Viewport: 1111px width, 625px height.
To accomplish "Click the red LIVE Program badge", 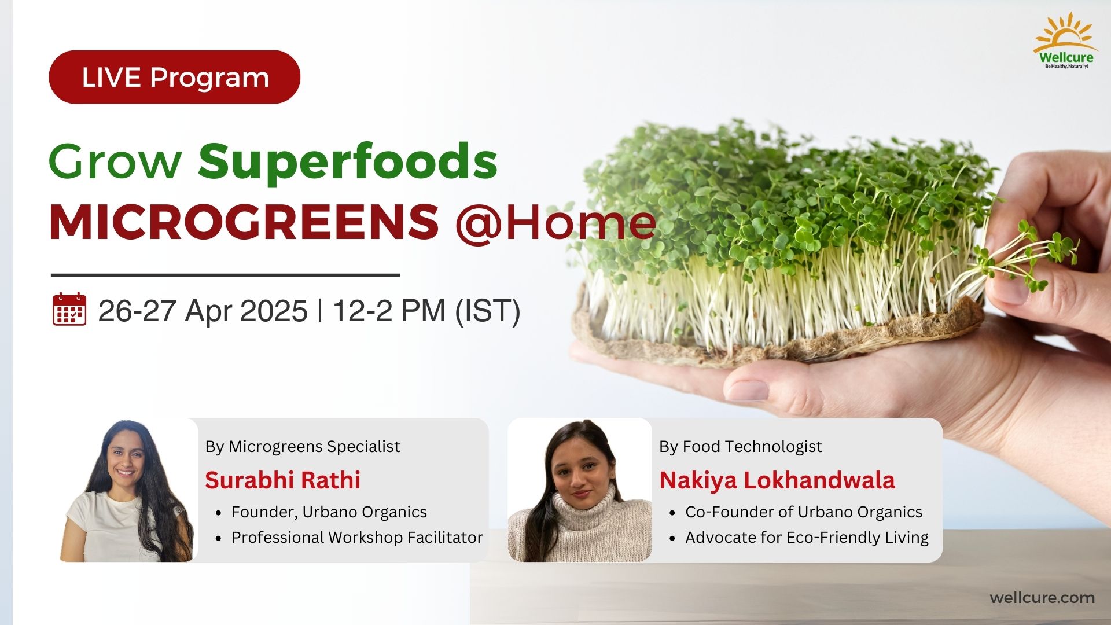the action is (175, 77).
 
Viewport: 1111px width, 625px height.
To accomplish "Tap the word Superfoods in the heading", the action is (348, 161).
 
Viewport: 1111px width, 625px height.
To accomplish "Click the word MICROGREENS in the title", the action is (244, 222).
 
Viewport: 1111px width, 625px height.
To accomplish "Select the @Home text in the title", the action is (555, 223).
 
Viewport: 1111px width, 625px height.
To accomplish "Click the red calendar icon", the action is (69, 309).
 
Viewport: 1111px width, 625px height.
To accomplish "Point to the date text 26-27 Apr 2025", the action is (203, 311).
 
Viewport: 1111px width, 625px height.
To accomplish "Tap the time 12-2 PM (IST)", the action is (427, 311).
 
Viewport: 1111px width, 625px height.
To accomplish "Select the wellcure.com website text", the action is (1042, 598).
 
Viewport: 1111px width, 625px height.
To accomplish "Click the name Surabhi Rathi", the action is (282, 480).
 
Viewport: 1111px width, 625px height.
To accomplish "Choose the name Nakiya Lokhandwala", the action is (777, 480).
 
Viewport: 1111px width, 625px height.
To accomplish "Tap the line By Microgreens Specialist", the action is (303, 447).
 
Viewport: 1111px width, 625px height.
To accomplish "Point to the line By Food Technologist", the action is (741, 447).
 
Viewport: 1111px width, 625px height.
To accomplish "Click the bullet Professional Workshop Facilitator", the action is (357, 538).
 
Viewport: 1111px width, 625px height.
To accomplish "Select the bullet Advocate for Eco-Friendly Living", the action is (807, 538).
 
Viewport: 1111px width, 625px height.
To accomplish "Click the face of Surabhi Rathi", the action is (126, 463).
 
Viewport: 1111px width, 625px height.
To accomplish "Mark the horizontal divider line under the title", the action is (226, 275).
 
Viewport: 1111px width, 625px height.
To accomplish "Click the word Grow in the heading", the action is (115, 161).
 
